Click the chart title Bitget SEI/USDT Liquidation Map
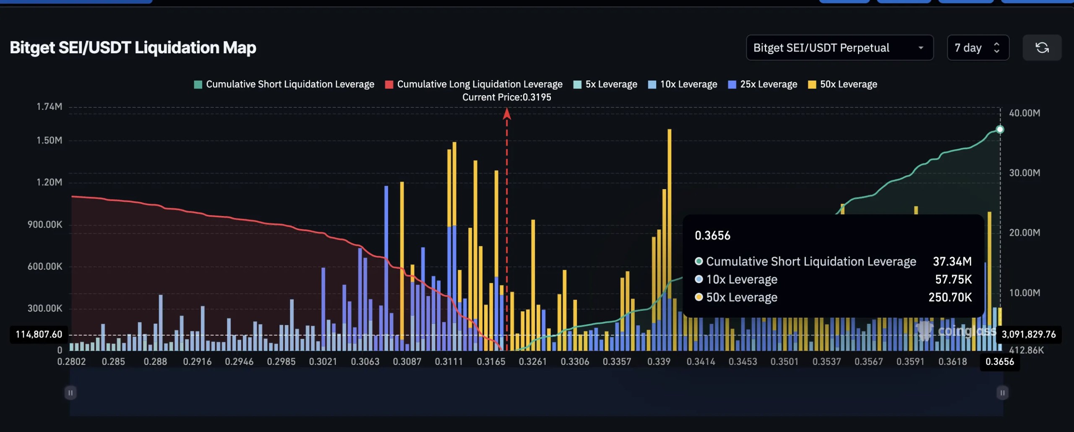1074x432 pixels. [133, 48]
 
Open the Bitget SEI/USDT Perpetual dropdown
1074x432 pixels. [839, 48]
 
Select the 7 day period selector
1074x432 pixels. [978, 48]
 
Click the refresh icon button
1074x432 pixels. [1042, 48]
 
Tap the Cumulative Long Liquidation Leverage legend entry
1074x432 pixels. [474, 84]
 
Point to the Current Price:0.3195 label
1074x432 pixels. [506, 97]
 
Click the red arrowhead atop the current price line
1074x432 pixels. [507, 113]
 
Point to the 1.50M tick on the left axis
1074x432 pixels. [49, 141]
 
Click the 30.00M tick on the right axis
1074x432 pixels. [1024, 173]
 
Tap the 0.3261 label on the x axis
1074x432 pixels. [533, 362]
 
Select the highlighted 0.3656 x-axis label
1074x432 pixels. [999, 362]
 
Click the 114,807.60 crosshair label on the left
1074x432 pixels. [39, 334]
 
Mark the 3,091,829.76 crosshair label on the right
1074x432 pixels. [1028, 334]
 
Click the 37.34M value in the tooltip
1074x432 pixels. [952, 261]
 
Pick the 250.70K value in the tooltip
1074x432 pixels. [950, 297]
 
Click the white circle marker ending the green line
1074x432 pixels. [1000, 130]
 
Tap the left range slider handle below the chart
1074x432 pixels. [70, 393]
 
